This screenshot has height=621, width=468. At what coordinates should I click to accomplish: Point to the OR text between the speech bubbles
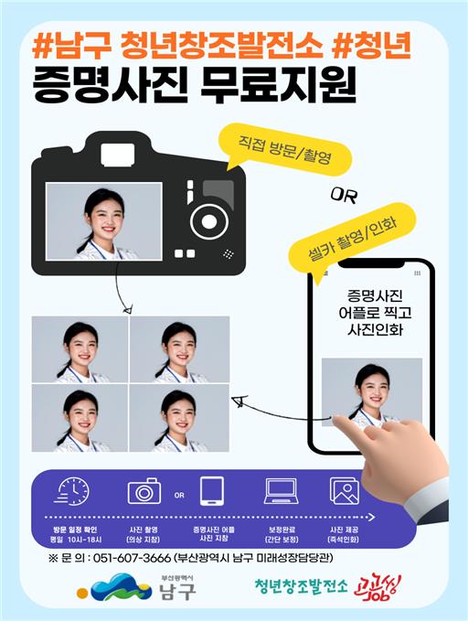344,194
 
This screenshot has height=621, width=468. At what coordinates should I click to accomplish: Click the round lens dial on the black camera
209,222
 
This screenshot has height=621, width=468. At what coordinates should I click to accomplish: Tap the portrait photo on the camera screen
103,221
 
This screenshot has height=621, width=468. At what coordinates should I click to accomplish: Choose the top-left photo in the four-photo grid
80,349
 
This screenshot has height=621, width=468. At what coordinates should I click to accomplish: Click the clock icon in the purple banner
72,491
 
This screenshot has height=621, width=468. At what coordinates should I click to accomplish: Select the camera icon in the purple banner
144,491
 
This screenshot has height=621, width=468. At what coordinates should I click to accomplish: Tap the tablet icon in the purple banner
212,491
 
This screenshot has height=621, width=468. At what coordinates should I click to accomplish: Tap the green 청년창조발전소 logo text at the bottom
302,587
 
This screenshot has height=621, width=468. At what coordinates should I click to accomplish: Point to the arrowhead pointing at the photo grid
237,401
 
